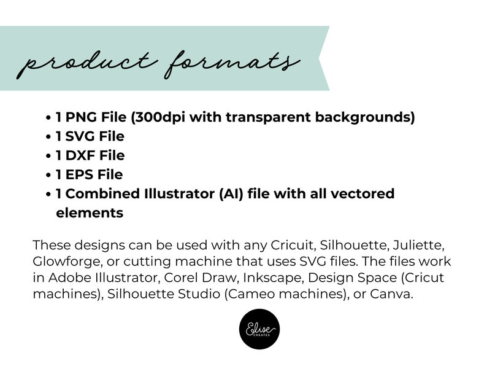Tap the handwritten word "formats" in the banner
click(x=233, y=61)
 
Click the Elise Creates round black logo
click(x=261, y=329)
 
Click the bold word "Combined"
click(x=99, y=194)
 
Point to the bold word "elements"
click(x=90, y=213)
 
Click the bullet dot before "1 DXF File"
click(x=48, y=156)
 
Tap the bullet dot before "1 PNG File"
click(x=48, y=118)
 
